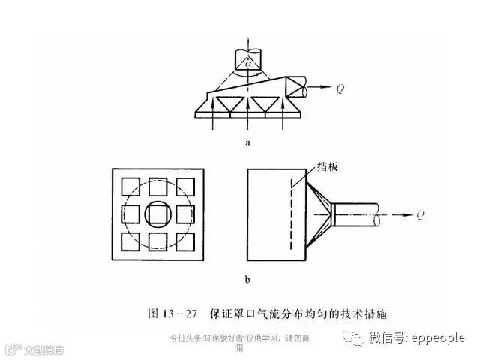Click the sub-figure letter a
[x=247, y=140]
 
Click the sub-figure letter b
[x=247, y=280]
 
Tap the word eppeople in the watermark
[x=437, y=338]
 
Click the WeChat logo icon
[x=352, y=339]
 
